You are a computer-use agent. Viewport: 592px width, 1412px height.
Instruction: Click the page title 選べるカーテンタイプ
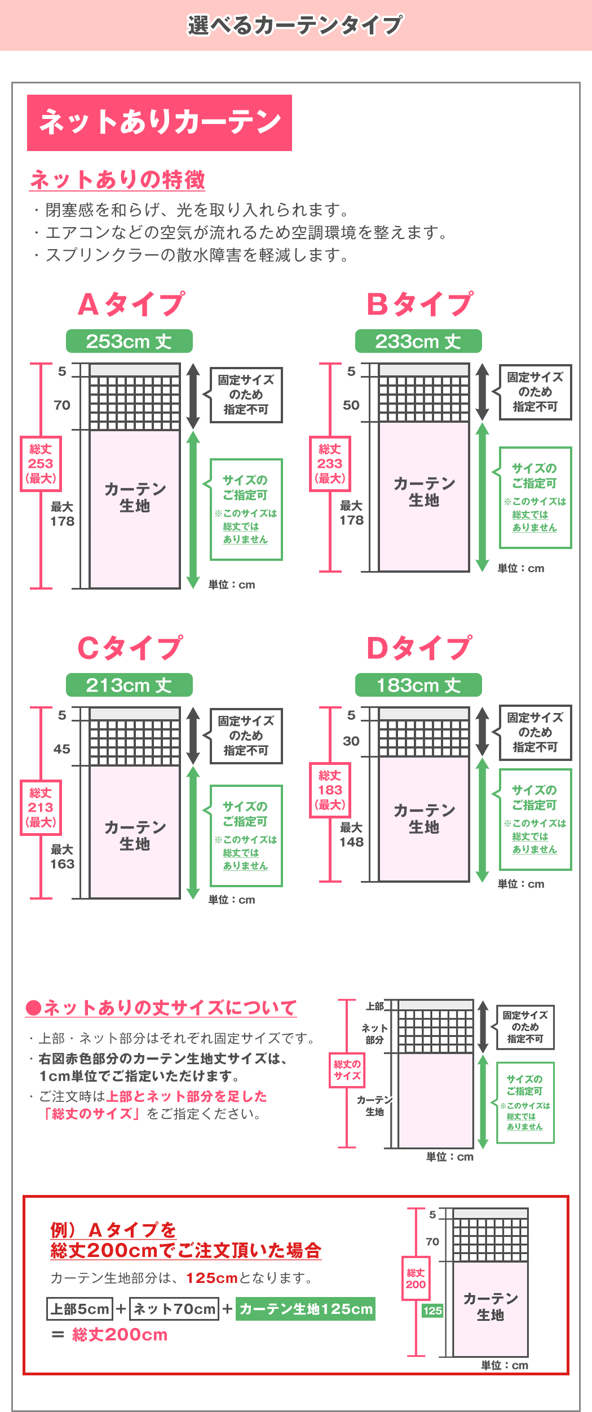(x=295, y=25)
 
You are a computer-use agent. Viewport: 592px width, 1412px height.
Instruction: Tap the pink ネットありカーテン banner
(x=160, y=122)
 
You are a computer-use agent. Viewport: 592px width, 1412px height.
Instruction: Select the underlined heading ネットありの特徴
(x=117, y=180)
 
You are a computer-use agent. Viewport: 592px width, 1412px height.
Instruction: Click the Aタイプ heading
(x=131, y=304)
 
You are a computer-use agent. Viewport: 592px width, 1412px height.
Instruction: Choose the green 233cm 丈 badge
(x=418, y=341)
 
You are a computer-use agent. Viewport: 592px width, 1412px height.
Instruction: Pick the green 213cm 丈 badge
(x=129, y=685)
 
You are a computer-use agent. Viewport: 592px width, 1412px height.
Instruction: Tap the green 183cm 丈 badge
(x=418, y=685)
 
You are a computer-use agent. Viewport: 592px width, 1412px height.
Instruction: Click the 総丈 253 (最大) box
(x=41, y=463)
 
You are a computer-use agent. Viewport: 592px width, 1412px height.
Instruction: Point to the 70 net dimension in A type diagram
(x=62, y=405)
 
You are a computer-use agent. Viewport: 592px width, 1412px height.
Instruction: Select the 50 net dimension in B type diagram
(x=351, y=405)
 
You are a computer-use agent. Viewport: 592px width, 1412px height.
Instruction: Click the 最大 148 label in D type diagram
(x=351, y=835)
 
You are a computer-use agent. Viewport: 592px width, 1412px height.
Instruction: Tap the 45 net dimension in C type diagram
(x=62, y=749)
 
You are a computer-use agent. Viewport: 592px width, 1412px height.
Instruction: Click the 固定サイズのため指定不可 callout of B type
(x=535, y=392)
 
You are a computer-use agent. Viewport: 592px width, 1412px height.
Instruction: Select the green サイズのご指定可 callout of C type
(x=246, y=835)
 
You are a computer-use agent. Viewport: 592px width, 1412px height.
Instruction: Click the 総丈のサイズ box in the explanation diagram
(x=347, y=1070)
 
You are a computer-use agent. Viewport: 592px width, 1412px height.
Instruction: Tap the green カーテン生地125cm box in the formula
(x=306, y=1309)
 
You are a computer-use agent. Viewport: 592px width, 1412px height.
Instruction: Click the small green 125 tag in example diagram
(x=432, y=1311)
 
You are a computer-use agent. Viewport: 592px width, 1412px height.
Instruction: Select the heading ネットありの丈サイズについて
(x=161, y=1008)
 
